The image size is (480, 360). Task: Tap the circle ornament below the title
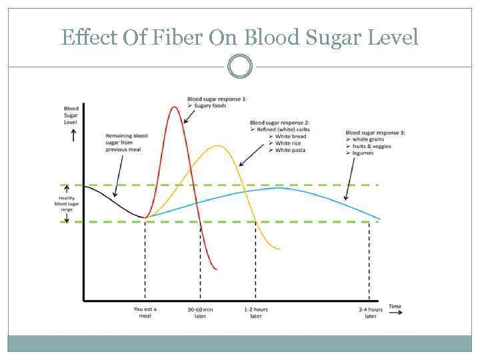(x=240, y=66)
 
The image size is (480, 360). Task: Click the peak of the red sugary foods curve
(x=175, y=107)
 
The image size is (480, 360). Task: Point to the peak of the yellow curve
(x=215, y=145)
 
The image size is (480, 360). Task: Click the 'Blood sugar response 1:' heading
(x=217, y=98)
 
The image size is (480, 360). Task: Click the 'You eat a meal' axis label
(x=145, y=311)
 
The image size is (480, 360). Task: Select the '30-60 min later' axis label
(x=201, y=311)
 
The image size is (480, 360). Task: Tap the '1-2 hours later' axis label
(x=256, y=311)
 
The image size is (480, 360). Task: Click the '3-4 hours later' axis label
(x=371, y=312)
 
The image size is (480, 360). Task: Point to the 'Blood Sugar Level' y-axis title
(x=71, y=115)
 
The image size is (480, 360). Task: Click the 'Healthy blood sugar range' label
(x=67, y=204)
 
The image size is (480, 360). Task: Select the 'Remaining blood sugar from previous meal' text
(x=127, y=143)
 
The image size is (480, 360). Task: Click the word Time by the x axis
(x=395, y=307)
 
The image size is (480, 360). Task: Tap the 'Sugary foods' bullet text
(x=211, y=105)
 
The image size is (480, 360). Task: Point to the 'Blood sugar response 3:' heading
(x=375, y=132)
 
